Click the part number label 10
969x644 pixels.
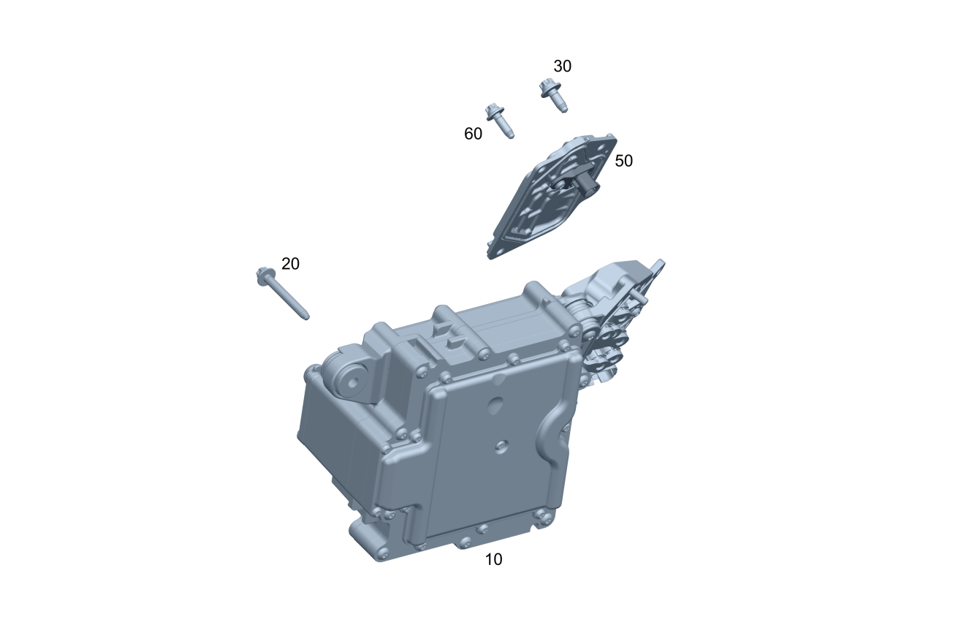coord(493,560)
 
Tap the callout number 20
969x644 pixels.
coord(290,264)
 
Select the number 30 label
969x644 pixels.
coord(563,67)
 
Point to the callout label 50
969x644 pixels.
coord(624,161)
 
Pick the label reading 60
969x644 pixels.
coord(474,135)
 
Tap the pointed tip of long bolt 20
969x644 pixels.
coord(307,318)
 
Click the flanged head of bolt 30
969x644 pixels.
coord(548,88)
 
